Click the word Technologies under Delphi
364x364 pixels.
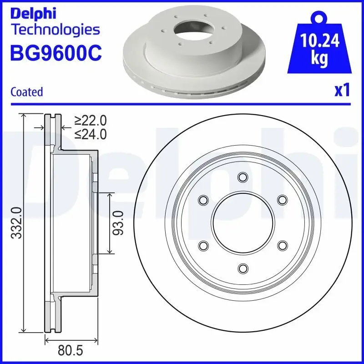pyautogui.click(x=55, y=30)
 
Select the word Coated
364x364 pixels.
pyautogui.click(x=27, y=91)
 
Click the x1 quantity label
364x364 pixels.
pyautogui.click(x=342, y=91)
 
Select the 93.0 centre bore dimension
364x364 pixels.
pyautogui.click(x=119, y=222)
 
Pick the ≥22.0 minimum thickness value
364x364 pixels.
pyautogui.click(x=91, y=120)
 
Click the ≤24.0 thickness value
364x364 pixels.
pyautogui.click(x=91, y=134)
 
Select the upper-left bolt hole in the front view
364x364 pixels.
pyautogui.click(x=203, y=200)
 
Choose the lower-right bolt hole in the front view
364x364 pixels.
pyautogui.click(x=282, y=245)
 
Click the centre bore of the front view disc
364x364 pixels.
pyautogui.click(x=243, y=222)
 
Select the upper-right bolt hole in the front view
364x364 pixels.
pyautogui.click(x=282, y=200)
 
